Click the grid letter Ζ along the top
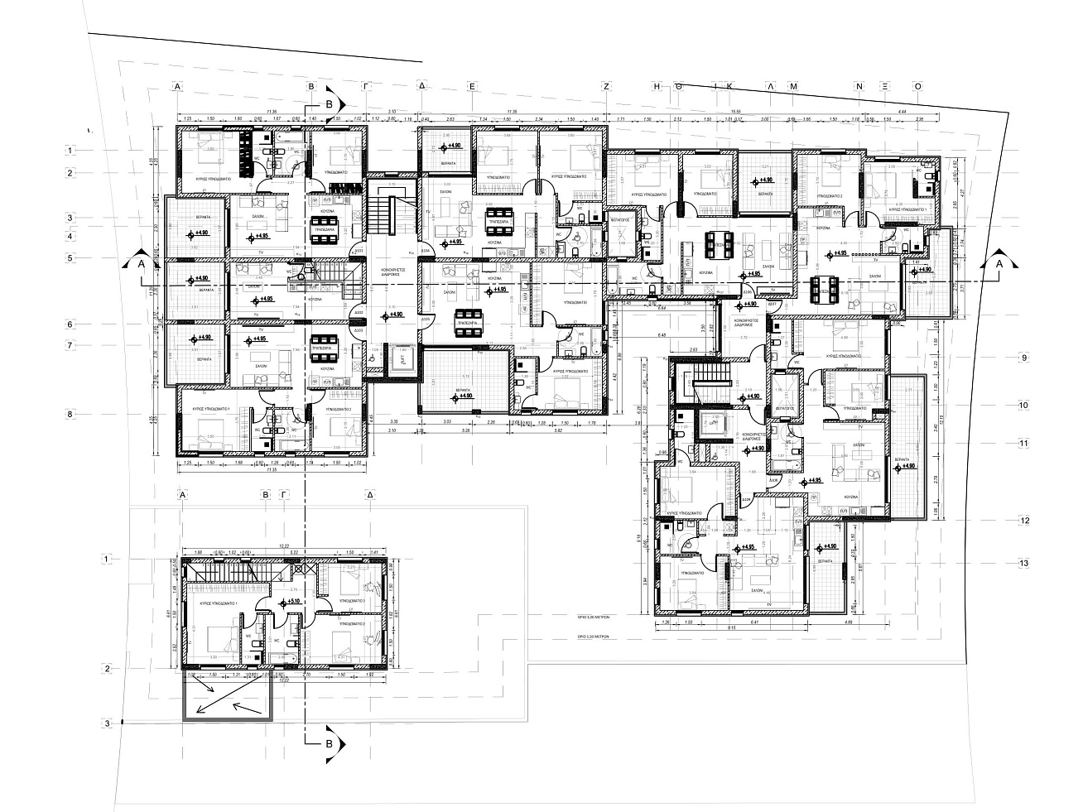click(606, 85)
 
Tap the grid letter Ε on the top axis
click(471, 85)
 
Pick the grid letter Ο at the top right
click(917, 85)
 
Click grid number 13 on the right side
click(1024, 563)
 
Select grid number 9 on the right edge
click(1024, 358)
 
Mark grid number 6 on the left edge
click(71, 324)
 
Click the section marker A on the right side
click(999, 262)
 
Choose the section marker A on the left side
click(140, 262)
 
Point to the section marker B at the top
click(330, 104)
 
